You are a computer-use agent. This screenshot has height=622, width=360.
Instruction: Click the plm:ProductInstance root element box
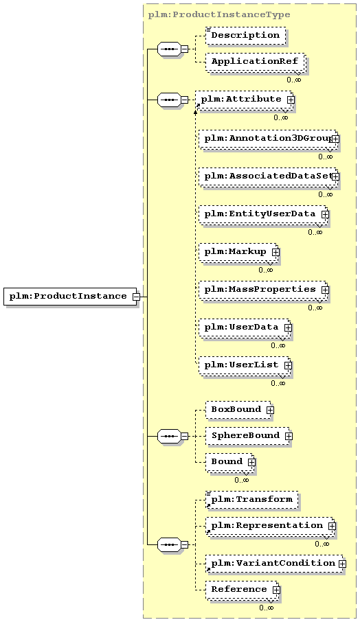click(x=70, y=297)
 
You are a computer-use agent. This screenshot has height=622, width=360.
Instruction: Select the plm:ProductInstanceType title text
click(x=219, y=14)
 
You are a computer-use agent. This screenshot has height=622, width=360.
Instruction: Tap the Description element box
click(x=246, y=35)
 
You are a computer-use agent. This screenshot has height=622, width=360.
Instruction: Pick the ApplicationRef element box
click(x=255, y=62)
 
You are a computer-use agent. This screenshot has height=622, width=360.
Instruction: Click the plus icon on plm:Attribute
click(x=291, y=100)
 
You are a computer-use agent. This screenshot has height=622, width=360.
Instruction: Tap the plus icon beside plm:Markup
click(x=276, y=252)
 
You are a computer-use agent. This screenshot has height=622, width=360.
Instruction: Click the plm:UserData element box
click(x=244, y=327)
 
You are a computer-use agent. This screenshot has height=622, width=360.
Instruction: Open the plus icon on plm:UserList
click(x=288, y=365)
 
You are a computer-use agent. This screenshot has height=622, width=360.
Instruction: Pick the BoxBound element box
click(x=238, y=410)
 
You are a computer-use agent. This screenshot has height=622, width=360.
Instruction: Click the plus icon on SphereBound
click(x=289, y=436)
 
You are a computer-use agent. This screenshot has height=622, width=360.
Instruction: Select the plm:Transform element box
click(x=252, y=500)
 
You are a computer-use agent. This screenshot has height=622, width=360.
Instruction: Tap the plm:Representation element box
click(x=269, y=526)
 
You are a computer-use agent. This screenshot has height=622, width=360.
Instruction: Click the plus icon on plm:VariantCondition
click(x=342, y=564)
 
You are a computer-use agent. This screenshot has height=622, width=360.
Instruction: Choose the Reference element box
click(x=242, y=590)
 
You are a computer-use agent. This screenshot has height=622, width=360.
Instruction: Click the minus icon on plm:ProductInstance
click(x=136, y=297)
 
